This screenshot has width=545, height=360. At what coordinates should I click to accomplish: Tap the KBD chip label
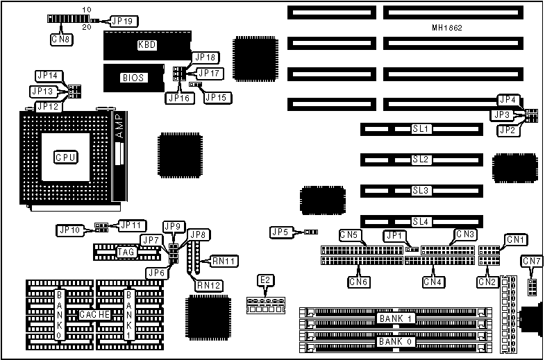[x=146, y=45]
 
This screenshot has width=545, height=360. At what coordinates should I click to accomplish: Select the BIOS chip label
[x=132, y=78]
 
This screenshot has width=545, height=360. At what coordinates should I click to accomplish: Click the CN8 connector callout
[x=60, y=40]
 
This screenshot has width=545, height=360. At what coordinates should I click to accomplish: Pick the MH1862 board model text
[x=446, y=28]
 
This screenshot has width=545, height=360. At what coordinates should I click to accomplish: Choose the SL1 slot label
[x=421, y=129]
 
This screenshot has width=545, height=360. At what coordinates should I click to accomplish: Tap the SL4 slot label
[x=421, y=221]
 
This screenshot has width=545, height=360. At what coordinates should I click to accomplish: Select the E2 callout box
[x=265, y=280]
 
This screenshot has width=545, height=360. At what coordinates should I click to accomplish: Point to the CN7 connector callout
[x=532, y=261]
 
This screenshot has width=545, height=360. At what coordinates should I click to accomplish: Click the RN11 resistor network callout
[x=224, y=261]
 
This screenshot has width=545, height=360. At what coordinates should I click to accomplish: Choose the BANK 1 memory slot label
[x=396, y=318]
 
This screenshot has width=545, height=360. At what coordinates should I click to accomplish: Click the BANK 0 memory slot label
[x=396, y=341]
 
